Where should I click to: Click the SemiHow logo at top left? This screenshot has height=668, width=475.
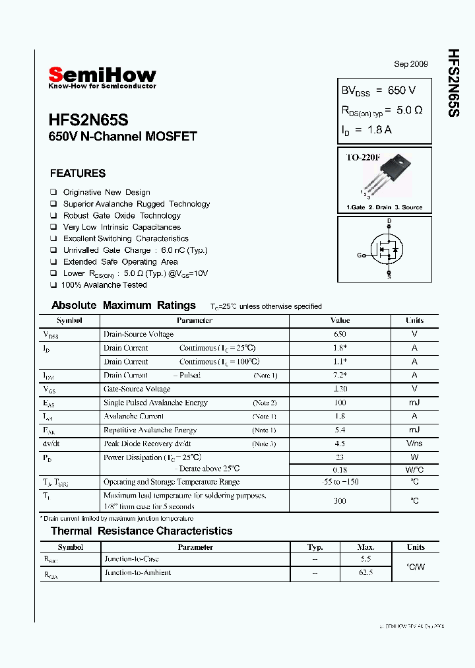102,76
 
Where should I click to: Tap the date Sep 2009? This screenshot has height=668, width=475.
410,64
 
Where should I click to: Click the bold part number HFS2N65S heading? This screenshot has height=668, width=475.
88,120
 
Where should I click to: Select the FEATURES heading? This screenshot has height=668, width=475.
77,174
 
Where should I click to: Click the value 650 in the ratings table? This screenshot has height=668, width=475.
340,334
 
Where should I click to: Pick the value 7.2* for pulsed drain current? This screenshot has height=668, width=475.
340,375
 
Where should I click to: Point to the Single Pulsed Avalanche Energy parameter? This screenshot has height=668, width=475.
155,403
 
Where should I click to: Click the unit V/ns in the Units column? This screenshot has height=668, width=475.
414,444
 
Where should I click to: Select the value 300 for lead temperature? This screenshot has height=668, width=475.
340,501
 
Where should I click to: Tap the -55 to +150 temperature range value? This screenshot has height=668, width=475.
340,482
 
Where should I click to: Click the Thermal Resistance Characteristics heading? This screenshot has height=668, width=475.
141,531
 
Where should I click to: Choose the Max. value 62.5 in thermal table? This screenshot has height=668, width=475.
366,573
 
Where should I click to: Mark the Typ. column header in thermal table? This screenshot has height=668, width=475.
315,547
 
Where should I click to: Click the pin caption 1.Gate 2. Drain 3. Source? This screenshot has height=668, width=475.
384,207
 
